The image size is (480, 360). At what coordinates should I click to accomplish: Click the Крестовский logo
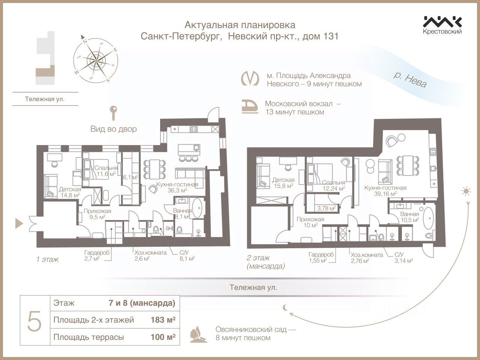442,25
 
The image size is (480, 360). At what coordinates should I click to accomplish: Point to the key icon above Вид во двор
113,112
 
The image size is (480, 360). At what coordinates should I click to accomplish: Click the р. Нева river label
410,79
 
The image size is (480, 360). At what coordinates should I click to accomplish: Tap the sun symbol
466,192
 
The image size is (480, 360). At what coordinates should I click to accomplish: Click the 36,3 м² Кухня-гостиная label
183,187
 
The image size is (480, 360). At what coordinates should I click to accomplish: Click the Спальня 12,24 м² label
333,186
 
